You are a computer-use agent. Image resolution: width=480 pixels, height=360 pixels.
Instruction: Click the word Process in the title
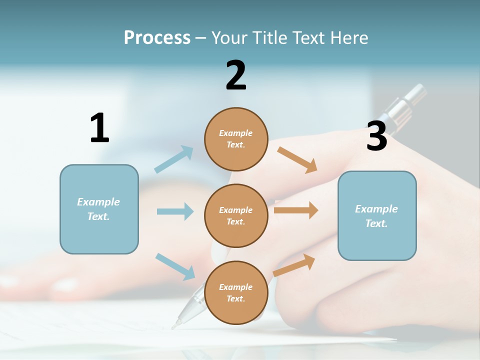157,37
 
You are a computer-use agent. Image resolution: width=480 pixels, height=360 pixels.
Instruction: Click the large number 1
99,128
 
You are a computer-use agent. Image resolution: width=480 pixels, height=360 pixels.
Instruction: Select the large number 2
236,75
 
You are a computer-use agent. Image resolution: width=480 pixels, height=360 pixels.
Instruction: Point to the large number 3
376,136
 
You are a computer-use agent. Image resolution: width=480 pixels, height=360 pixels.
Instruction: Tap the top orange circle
236,139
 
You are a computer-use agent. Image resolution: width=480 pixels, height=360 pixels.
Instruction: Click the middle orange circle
236,215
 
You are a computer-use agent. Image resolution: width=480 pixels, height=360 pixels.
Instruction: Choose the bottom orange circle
236,292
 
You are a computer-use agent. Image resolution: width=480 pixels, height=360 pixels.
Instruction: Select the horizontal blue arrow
175,211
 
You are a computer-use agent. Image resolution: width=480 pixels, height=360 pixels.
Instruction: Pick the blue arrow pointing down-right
175,266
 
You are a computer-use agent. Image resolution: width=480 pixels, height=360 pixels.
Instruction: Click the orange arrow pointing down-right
297,159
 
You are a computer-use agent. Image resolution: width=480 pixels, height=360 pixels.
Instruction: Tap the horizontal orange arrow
296,210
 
